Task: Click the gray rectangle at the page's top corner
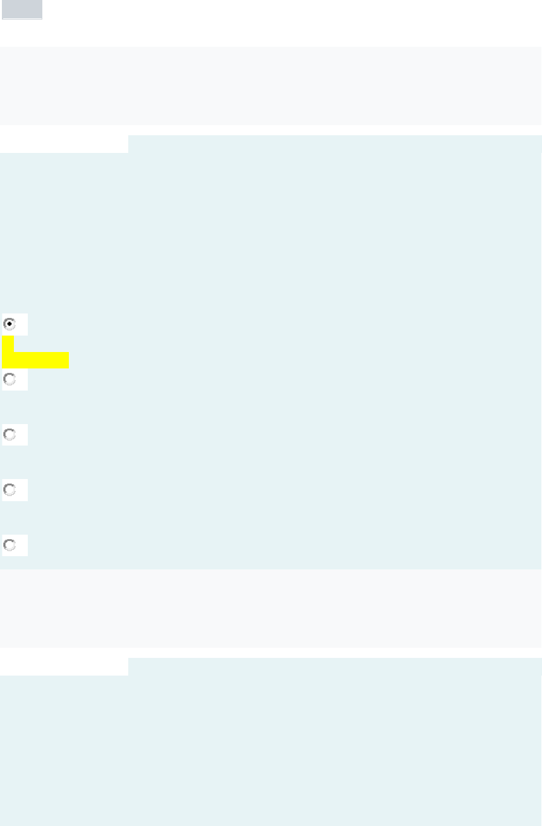coord(22,9)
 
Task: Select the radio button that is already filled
coord(9,324)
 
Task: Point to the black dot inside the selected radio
coord(9,324)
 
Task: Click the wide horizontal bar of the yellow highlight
coord(35,360)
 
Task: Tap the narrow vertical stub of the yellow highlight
coord(8,344)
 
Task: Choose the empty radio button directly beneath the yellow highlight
coord(9,379)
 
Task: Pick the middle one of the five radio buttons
coord(9,435)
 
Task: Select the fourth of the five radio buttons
coord(9,490)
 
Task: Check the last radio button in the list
coord(9,545)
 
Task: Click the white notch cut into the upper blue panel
coord(64,143)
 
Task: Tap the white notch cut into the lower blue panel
coord(64,667)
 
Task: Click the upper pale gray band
coord(271,85)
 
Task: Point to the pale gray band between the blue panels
coord(271,608)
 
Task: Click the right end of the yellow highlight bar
coord(67,360)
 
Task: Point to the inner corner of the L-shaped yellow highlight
coord(14,352)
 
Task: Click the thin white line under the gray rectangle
coord(22,19)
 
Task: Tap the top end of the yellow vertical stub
coord(8,337)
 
